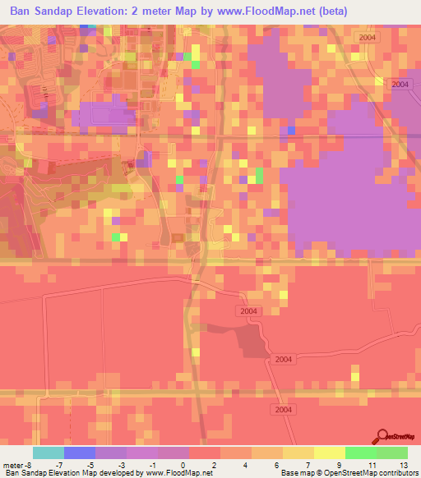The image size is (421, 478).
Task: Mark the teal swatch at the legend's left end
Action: pos(49,453)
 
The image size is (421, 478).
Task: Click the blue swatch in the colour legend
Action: pos(80,453)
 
